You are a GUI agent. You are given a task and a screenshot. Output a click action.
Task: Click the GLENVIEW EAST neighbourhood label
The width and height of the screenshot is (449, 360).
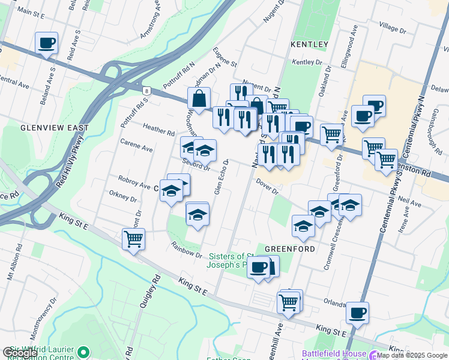pos(55,128)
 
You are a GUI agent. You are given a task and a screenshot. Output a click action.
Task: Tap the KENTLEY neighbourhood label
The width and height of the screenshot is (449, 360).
pos(309,44)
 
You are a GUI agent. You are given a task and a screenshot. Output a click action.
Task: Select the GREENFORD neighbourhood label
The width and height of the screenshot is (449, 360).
pos(290,248)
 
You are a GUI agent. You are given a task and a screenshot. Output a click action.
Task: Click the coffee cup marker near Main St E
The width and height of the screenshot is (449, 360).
pos(46,43)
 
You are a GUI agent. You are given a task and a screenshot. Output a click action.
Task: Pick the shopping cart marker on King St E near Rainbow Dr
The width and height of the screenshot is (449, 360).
pos(133,239)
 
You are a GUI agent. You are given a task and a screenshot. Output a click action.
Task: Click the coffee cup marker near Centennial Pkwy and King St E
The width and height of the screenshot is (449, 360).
pos(357,312)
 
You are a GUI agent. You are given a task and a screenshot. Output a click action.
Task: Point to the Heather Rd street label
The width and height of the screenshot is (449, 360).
pos(159,130)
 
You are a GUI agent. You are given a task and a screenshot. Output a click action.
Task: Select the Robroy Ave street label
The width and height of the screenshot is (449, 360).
pos(133,184)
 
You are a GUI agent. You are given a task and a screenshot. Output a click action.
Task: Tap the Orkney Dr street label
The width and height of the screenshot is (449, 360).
pos(124,196)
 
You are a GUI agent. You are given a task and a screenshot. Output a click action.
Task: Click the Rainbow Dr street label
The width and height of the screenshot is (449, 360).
pos(186,250)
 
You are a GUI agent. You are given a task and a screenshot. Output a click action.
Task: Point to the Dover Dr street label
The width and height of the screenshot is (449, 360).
pos(267,187)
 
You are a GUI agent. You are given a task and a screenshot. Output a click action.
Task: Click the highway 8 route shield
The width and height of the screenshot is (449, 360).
pos(146,91)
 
